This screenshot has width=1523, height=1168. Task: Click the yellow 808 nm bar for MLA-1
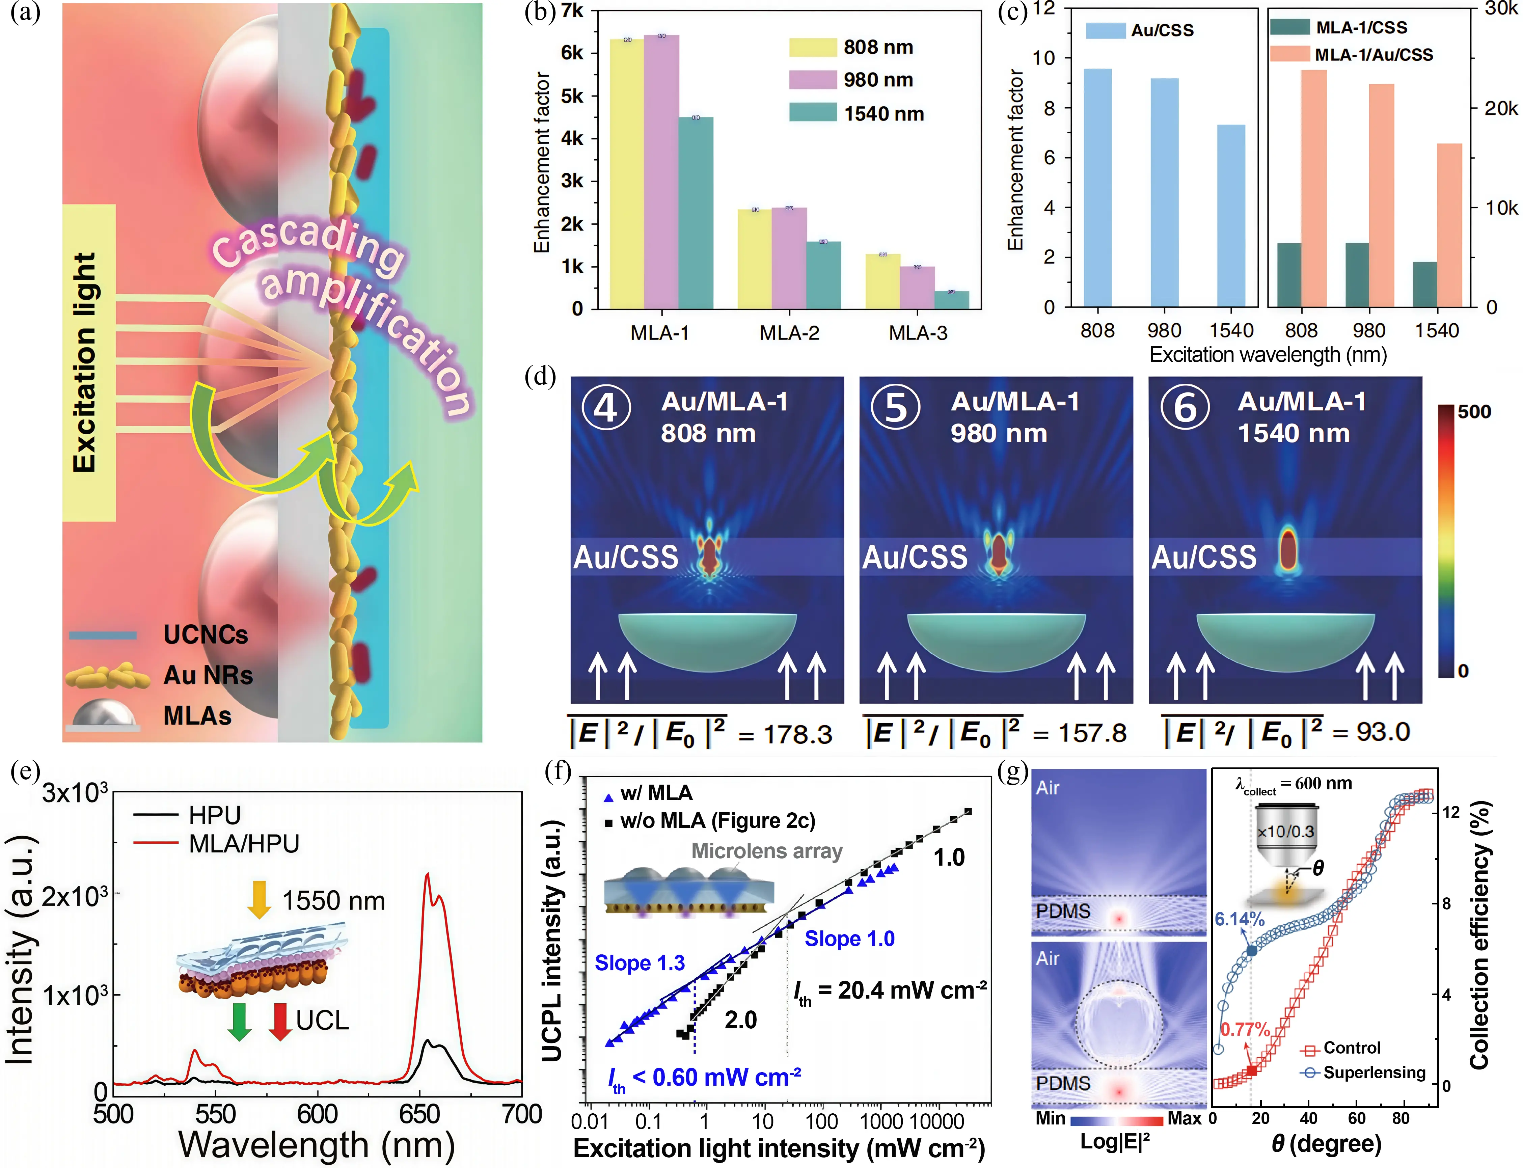coord(626,174)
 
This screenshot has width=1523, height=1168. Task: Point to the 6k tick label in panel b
coord(572,53)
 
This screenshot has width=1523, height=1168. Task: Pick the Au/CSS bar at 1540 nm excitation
coord(1231,216)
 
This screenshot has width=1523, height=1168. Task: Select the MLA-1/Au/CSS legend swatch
coord(1289,54)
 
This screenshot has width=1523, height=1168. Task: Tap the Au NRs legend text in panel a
coord(208,675)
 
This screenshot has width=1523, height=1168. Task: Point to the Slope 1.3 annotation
coord(640,963)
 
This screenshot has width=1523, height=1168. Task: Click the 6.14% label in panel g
coord(1240,919)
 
